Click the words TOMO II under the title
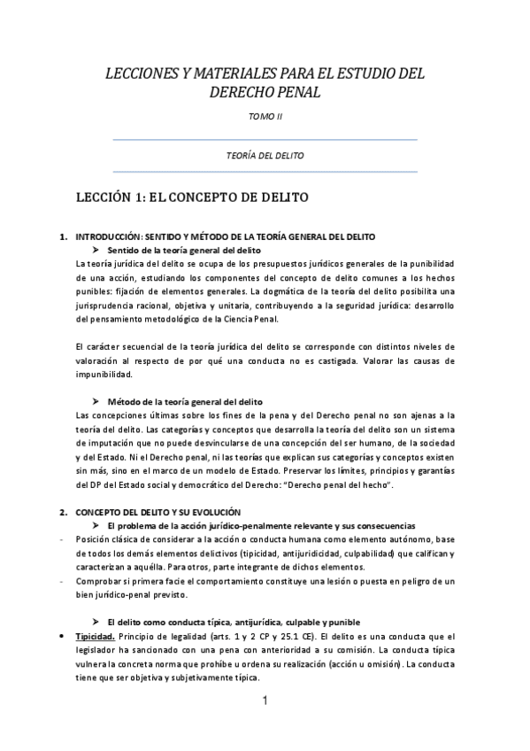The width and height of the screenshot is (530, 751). [265, 116]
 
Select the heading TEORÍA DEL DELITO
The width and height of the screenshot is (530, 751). [265, 155]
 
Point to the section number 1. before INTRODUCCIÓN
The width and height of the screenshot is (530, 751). [62, 237]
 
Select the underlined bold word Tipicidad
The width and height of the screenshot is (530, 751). [96, 637]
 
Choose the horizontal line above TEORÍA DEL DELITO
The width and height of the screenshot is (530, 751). [265, 139]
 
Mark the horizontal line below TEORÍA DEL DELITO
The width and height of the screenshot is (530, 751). [265, 171]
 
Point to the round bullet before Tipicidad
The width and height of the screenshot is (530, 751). [60, 637]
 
